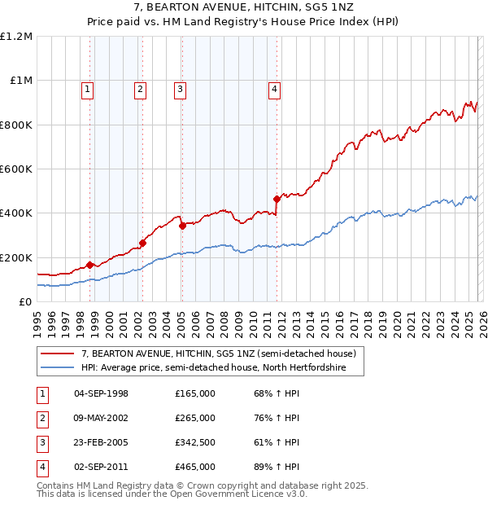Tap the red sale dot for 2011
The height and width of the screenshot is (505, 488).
point(277,199)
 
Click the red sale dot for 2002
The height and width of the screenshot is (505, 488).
point(142,243)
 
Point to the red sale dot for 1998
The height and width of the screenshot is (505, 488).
point(89,265)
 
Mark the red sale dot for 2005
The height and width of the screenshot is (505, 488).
point(182,226)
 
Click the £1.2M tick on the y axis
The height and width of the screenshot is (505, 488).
point(16,37)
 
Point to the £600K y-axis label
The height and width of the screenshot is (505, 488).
point(16,169)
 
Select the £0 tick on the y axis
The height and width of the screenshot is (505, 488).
point(24,301)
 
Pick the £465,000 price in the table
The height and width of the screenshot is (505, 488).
point(194,467)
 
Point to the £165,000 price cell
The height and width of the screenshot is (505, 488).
point(194,393)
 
